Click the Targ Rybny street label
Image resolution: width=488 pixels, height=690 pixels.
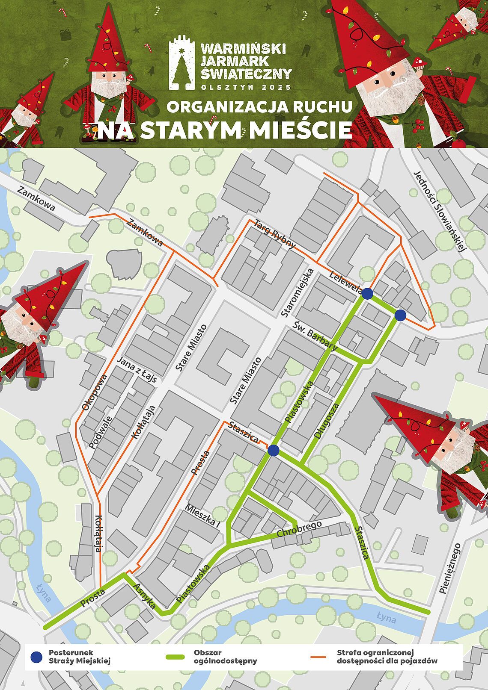(x=275, y=233)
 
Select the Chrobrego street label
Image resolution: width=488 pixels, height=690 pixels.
(x=299, y=529)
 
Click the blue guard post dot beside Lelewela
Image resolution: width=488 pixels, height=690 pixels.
(x=367, y=294)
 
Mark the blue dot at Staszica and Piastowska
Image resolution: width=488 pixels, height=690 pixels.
(x=273, y=450)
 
